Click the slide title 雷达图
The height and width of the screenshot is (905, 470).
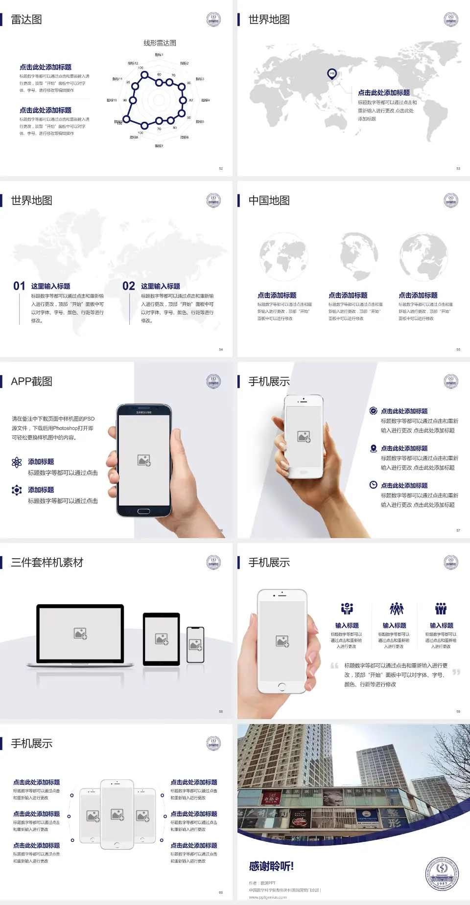click(26, 20)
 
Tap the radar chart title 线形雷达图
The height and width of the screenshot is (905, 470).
click(160, 43)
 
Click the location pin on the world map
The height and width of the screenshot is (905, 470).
click(332, 74)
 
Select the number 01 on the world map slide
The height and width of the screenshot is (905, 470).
click(19, 286)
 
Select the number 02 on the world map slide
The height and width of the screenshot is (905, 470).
click(129, 286)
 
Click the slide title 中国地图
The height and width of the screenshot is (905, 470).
click(269, 201)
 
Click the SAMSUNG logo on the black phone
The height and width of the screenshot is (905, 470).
click(144, 412)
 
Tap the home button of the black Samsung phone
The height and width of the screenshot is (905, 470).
click(143, 511)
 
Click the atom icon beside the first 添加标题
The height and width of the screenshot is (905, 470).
click(17, 462)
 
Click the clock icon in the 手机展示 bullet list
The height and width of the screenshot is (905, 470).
click(373, 485)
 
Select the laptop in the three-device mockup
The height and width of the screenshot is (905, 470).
click(81, 634)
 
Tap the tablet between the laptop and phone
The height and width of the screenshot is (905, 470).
click(162, 638)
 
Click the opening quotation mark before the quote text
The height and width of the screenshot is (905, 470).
click(334, 665)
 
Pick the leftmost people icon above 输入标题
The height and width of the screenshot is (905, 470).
click(347, 609)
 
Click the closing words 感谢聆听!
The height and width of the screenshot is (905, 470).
click(271, 866)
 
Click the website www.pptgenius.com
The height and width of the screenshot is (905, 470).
click(268, 897)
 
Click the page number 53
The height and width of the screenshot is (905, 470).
click(458, 168)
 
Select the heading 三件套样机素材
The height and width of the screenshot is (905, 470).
click(47, 563)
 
